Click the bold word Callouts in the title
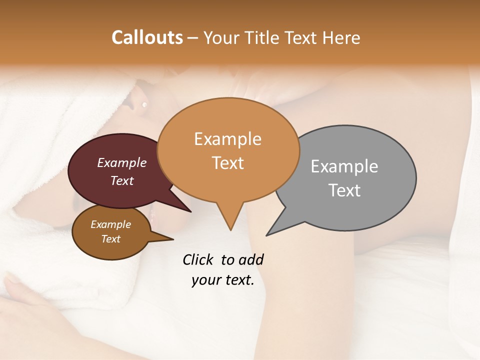coord(147,37)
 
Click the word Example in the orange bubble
coord(227,139)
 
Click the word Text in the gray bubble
coord(344,190)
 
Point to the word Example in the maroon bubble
coord(121,163)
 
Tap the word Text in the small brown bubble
coord(110,239)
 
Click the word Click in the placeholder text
coord(198,259)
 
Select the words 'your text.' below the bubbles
coord(223,280)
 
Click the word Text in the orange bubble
coord(227,163)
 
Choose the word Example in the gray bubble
coord(344,166)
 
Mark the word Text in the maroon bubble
coord(121,180)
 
